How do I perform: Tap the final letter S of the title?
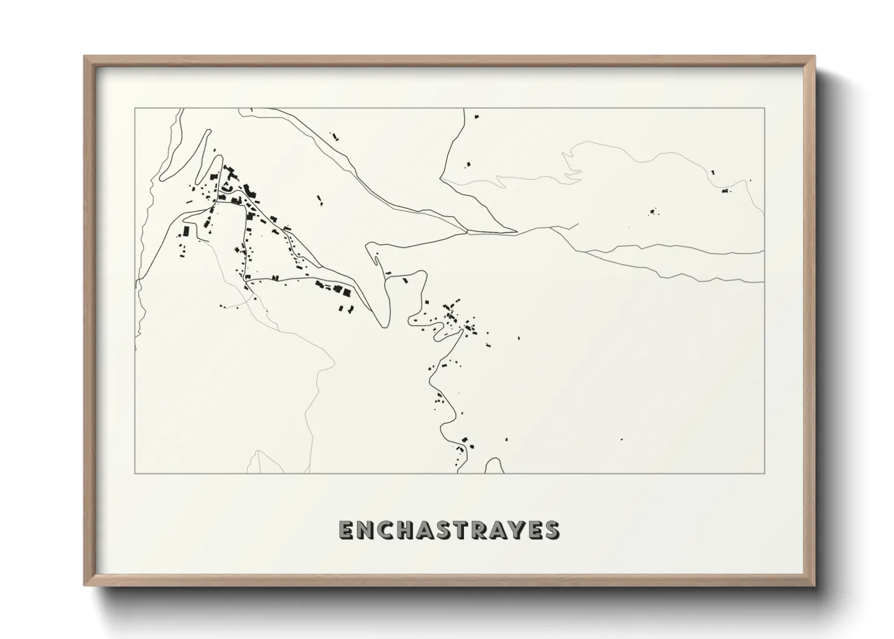(551, 530)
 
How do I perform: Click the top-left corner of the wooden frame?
(85, 57)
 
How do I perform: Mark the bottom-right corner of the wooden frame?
(814, 585)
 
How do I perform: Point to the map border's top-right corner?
(764, 108)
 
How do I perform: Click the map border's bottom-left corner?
(135, 473)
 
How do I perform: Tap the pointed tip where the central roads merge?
(516, 231)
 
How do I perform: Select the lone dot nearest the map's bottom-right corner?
(622, 439)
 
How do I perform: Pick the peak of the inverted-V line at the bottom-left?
(259, 451)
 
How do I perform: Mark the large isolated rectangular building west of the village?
(187, 231)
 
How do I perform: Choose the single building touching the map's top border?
(476, 115)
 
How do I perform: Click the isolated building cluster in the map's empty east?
(652, 212)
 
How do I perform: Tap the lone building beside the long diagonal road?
(320, 197)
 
